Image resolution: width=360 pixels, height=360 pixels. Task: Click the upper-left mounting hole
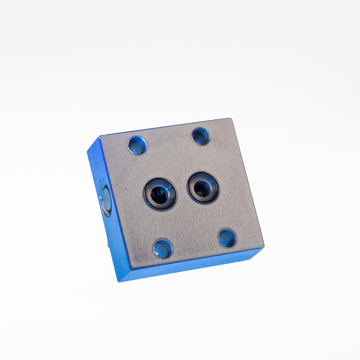pos(136,146)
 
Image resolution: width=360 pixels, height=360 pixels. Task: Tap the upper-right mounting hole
pos(201,136)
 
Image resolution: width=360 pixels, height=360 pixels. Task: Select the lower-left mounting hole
pos(163,247)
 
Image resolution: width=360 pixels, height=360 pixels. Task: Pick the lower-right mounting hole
pos(227,238)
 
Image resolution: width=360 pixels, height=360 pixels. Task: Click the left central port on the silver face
pos(160,193)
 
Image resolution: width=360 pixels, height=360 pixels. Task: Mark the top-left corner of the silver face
pos(100,137)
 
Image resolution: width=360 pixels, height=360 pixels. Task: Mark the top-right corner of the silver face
pos(231,119)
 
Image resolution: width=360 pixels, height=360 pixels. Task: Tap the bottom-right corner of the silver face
pos(263,248)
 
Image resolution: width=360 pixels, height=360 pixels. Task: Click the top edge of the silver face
pos(165,128)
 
